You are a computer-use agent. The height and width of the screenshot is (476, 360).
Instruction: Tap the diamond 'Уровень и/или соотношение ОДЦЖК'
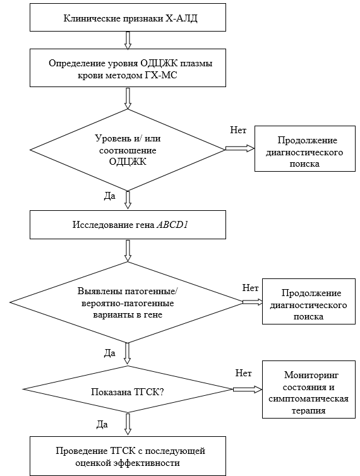coord(128,150)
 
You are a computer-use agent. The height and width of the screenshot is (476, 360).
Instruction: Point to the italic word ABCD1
coord(172,225)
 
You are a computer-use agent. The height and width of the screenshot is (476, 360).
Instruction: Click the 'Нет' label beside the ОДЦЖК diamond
coord(238,130)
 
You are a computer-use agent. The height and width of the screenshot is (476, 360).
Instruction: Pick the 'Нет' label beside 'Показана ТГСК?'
coord(243,373)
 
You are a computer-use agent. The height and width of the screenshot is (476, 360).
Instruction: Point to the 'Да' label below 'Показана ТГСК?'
coord(102,424)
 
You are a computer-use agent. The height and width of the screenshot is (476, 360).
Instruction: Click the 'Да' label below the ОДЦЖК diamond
coord(110,196)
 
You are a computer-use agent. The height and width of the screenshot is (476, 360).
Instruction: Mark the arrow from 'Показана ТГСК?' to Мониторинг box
coord(248,390)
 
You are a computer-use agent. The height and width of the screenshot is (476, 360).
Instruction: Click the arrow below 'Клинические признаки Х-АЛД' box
coord(128,40)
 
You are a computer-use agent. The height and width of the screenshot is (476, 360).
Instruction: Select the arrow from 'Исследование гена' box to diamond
coord(128,251)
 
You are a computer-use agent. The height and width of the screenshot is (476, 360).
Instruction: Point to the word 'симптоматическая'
coord(308,398)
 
